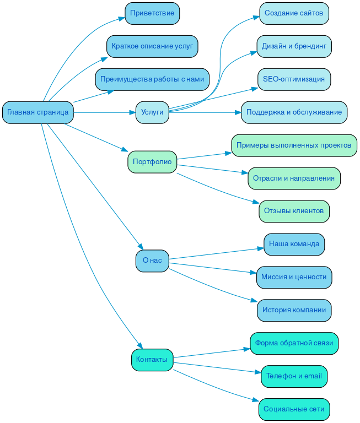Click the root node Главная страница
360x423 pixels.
pos(37,112)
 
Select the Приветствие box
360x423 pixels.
pos(152,13)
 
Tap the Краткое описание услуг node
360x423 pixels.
pos(152,46)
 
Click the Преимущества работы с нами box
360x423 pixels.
pos(152,79)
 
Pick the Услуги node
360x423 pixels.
pos(152,112)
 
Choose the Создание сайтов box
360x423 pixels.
pos(294,13)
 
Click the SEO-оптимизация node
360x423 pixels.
pos(294,79)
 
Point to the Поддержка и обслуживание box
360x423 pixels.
pos(294,112)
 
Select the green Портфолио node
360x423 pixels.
pos(152,162)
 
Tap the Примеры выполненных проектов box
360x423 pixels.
pos(294,145)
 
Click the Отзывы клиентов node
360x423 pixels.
pos(294,211)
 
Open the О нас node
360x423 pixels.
pos(152,261)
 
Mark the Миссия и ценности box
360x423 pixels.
pos(294,277)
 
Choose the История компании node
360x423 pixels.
pos(294,310)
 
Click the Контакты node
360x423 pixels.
pos(152,360)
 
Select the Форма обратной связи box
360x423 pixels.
pos(294,343)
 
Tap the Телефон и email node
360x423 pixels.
pos(294,376)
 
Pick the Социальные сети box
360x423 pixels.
pos(294,409)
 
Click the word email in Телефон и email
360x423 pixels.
pos(313,376)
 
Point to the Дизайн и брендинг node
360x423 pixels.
pos(294,46)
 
